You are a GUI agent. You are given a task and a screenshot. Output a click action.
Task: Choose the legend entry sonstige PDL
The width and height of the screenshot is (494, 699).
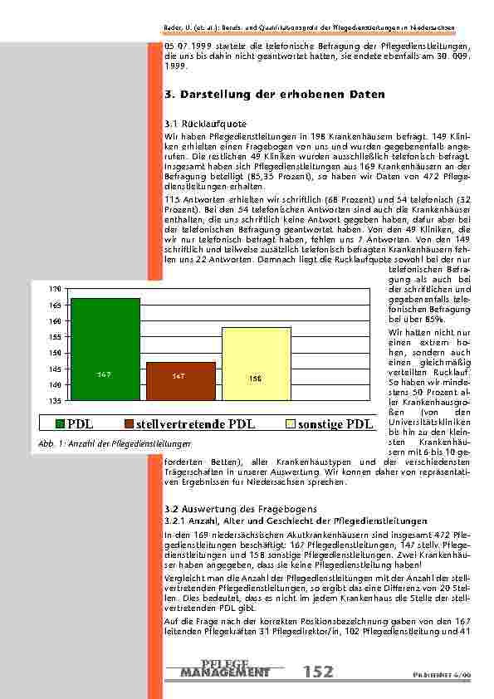[x=335, y=425]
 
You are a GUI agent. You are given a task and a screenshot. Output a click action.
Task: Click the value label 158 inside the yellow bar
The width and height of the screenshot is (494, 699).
[x=256, y=379]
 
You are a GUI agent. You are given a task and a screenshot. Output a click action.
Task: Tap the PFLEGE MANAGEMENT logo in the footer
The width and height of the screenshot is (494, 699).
[x=225, y=668]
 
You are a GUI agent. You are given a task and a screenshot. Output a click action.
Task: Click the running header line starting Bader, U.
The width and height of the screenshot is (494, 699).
[x=315, y=27]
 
